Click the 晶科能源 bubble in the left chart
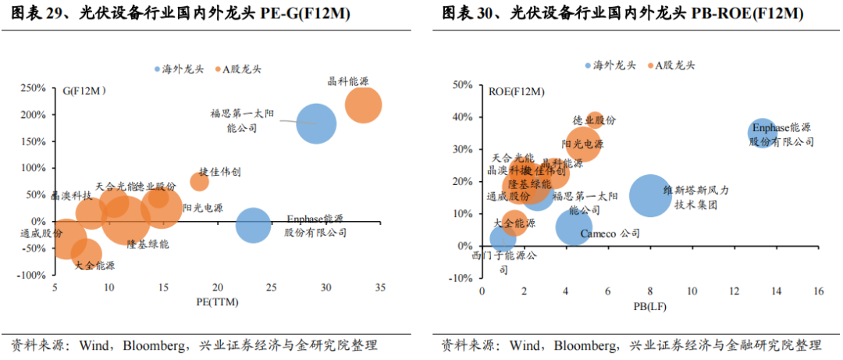pyautogui.click(x=363, y=105)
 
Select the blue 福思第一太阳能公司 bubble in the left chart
pyautogui.click(x=316, y=123)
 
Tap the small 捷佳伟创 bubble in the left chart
pyautogui.click(x=199, y=182)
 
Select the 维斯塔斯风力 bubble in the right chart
pyautogui.click(x=649, y=195)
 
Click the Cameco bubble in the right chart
pyautogui.click(x=574, y=227)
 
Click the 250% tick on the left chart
pyautogui.click(x=34, y=88)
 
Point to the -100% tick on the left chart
pyautogui.click(x=32, y=276)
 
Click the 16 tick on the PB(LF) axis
pyautogui.click(x=818, y=291)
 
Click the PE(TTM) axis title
pyautogui.click(x=217, y=301)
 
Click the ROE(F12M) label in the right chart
pyautogui.click(x=516, y=92)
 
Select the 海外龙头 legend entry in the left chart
pyautogui.click(x=182, y=70)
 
